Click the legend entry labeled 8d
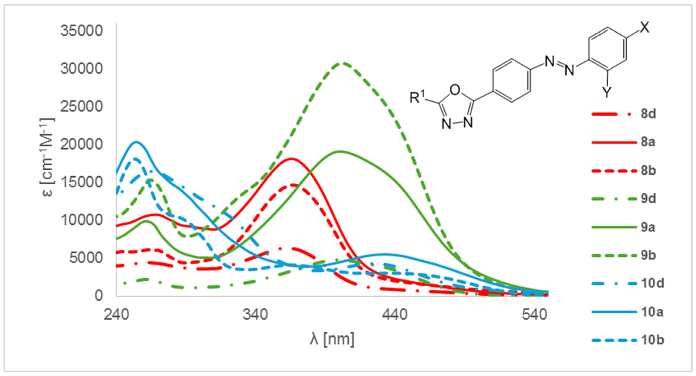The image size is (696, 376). coord(648,114)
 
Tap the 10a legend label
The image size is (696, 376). coord(652,312)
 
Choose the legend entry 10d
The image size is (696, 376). coord(652,283)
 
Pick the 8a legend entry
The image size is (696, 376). coord(648,142)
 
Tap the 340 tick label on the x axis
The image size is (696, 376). coord(255,315)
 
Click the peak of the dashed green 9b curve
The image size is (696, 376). coord(342,63)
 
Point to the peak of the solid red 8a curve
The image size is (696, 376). coord(291,158)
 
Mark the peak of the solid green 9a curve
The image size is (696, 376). coord(340,151)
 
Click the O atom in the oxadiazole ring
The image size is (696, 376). coord(455,90)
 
